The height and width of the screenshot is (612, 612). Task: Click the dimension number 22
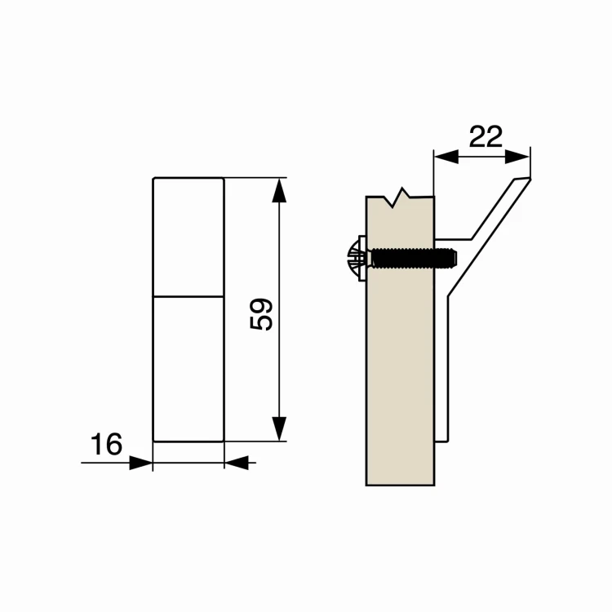point(486,136)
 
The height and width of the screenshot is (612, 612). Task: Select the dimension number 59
point(261,315)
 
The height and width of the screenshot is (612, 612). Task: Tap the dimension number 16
point(106,444)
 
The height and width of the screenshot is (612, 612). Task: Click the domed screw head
point(353,258)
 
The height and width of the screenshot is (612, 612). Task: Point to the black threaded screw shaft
point(414,258)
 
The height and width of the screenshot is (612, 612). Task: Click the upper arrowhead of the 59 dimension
point(279,190)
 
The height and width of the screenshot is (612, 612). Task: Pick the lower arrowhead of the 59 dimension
point(279,429)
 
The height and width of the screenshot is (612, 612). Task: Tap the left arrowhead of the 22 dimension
point(446,157)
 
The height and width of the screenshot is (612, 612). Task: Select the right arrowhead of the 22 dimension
point(517,157)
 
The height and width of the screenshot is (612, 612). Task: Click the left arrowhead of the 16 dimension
point(140,463)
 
